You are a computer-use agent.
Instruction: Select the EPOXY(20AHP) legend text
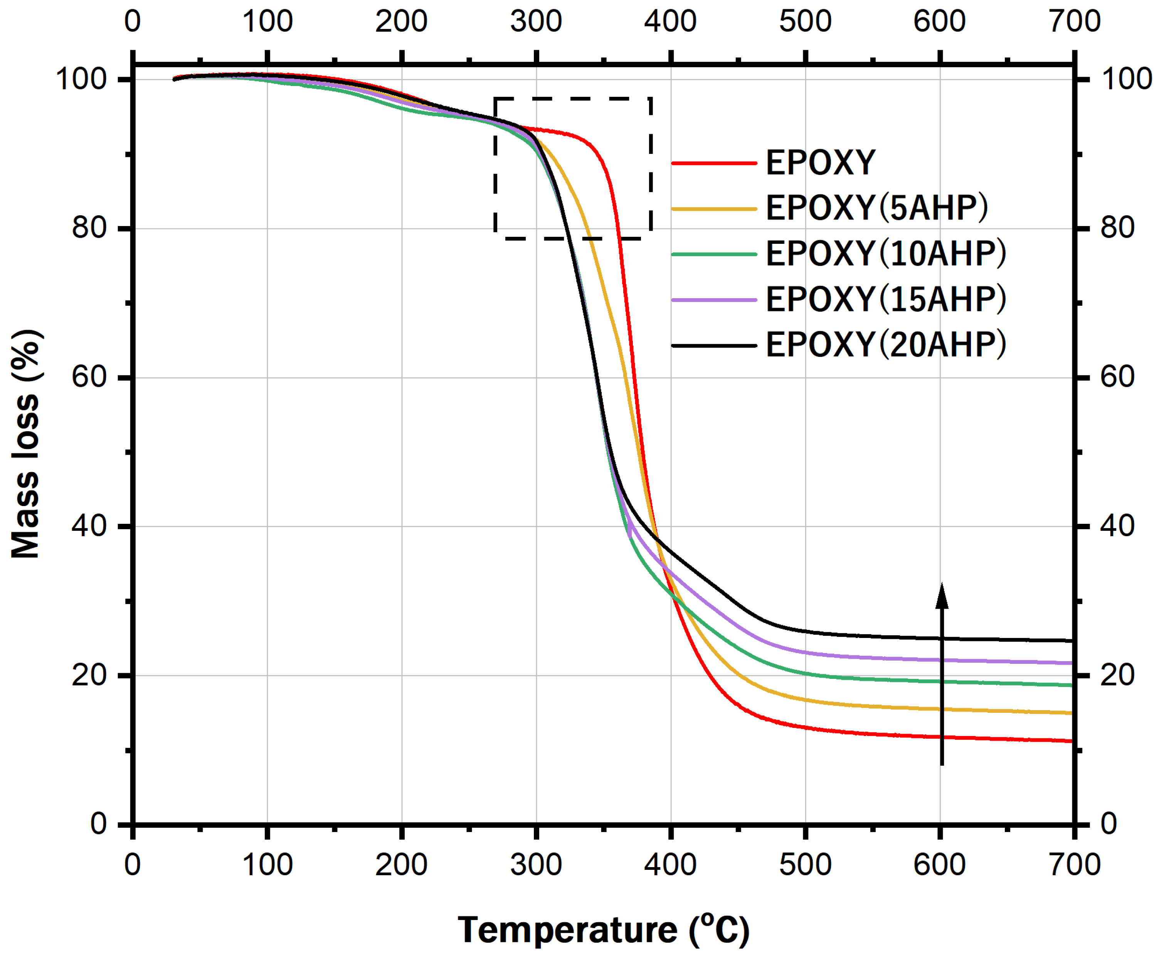(885, 345)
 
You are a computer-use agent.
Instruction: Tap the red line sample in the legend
(713, 163)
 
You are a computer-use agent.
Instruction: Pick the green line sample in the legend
(713, 254)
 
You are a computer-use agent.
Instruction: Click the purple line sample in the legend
(713, 300)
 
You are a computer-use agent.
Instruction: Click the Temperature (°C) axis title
(603, 930)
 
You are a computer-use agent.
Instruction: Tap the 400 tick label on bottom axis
(670, 864)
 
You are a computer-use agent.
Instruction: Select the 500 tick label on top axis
(805, 21)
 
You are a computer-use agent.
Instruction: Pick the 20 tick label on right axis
(1117, 675)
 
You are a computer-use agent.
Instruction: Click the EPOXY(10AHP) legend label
(885, 254)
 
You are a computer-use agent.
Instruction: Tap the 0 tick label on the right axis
(1109, 824)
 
